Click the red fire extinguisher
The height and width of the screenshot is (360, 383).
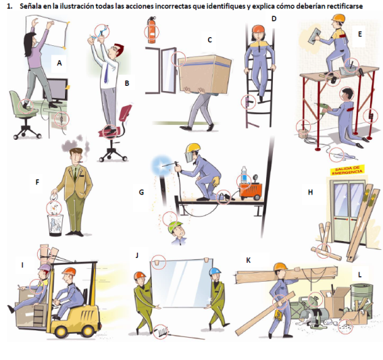(152, 30)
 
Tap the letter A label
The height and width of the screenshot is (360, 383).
(59, 63)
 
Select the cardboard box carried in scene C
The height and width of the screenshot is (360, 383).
(205, 74)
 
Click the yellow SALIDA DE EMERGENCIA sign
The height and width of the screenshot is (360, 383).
(347, 170)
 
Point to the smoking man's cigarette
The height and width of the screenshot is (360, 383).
(80, 161)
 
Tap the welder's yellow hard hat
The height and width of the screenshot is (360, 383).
(193, 148)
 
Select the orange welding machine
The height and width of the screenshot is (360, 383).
(251, 191)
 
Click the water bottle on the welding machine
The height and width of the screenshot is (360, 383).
(244, 175)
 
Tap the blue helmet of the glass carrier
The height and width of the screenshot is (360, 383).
(215, 271)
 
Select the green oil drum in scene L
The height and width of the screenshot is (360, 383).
(362, 300)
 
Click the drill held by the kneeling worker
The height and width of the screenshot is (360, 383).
(322, 108)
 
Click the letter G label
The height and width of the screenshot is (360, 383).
(141, 192)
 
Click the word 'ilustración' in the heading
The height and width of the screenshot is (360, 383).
(77, 6)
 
